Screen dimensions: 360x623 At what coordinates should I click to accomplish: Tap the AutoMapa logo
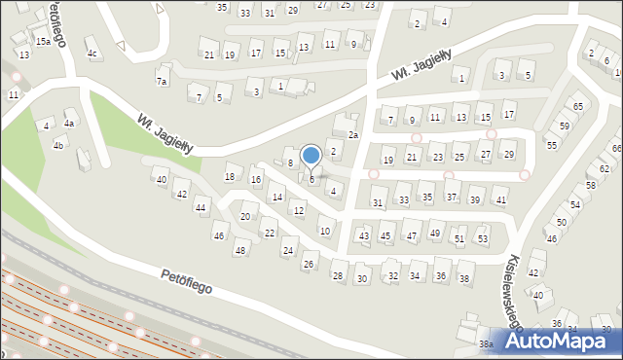[x=558, y=341]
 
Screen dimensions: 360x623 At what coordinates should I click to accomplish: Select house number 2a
[x=354, y=135]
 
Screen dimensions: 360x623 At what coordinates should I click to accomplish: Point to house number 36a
[x=486, y=344]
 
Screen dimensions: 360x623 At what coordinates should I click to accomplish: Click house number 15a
[x=43, y=42]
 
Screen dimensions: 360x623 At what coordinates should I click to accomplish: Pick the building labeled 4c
[x=92, y=54]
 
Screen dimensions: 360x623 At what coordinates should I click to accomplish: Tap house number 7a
[x=163, y=81]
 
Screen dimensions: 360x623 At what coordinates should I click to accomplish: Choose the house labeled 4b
[x=58, y=146]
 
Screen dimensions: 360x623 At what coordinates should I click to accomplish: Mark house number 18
[x=231, y=176]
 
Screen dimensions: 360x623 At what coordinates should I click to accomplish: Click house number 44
[x=201, y=208]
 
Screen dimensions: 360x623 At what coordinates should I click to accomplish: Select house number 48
[x=239, y=251]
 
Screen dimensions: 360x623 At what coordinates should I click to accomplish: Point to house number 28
[x=338, y=276]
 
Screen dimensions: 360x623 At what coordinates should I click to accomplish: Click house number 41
[x=501, y=199]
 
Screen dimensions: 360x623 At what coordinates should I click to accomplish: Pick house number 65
[x=578, y=105]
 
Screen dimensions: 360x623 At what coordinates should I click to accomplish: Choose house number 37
[x=452, y=198]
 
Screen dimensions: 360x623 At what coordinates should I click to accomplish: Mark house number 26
[x=310, y=264]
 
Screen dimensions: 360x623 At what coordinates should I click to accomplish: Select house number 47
[x=412, y=235]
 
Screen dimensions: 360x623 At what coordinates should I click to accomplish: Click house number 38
[x=465, y=278]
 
